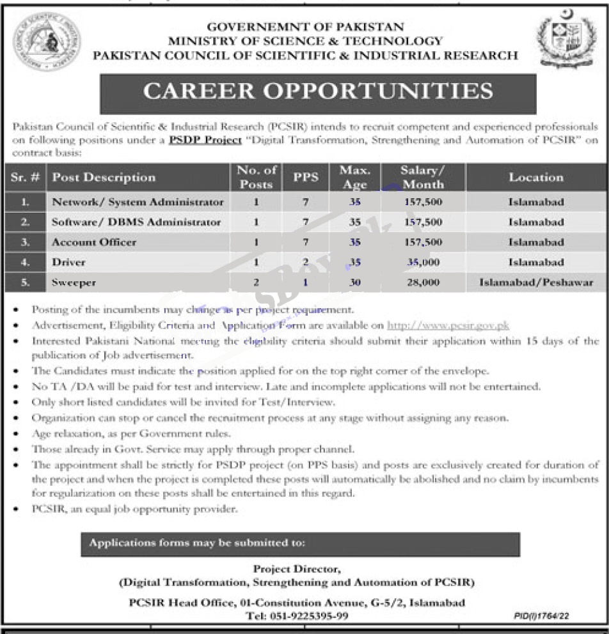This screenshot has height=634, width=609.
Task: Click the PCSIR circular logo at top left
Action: [47, 43]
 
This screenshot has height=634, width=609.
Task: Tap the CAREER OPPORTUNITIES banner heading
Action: [318, 92]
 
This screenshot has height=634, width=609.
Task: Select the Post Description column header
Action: [104, 177]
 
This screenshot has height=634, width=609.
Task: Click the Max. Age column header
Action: [355, 178]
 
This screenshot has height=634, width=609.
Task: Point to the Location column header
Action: [536, 177]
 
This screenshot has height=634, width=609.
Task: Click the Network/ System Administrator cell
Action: [138, 202]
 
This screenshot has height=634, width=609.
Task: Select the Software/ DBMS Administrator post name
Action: [136, 222]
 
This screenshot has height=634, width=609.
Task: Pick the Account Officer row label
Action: [94, 242]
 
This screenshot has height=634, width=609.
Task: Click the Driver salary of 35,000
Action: [423, 262]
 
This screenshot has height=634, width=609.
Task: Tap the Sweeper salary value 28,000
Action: [423, 282]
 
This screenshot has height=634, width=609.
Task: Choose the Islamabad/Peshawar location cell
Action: [536, 282]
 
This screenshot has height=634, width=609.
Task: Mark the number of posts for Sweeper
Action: [257, 282]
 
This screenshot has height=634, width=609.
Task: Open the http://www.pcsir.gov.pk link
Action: [448, 325]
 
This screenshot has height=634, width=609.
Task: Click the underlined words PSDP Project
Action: [205, 140]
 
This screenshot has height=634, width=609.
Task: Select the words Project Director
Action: [297, 568]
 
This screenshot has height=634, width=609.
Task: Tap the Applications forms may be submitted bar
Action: [300, 543]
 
